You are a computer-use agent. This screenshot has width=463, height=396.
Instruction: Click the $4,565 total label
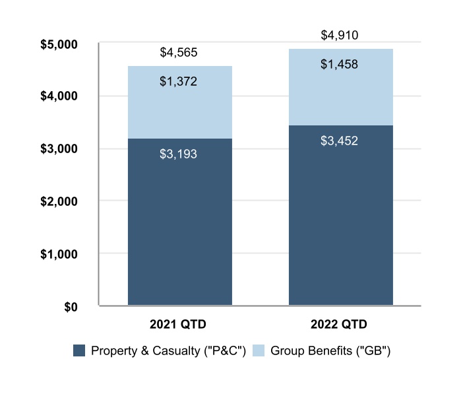tap(179, 52)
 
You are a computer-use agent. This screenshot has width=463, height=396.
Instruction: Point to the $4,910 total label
tap(339, 35)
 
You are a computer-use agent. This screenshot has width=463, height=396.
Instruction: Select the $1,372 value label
tap(179, 82)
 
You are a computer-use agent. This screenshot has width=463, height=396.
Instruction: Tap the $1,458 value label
tap(339, 65)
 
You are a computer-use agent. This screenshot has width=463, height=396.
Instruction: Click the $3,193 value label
tap(179, 154)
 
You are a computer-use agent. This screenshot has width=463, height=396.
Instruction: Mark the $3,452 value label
tap(339, 140)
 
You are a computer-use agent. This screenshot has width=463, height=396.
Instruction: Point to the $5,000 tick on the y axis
tap(60, 44)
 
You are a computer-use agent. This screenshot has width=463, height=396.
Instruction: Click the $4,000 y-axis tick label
tap(60, 96)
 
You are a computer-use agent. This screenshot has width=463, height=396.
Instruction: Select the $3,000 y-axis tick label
tap(60, 149)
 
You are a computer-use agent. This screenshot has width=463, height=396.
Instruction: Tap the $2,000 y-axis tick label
tap(60, 201)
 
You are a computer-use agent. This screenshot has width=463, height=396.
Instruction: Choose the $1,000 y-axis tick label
tap(60, 254)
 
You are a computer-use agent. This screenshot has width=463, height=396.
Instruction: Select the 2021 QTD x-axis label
tap(179, 325)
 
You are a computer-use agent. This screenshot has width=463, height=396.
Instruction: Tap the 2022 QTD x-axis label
tap(340, 325)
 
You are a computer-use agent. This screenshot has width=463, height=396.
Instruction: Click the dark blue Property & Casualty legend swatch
tap(79, 350)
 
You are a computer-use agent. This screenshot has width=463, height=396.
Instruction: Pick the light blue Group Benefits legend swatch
tap(259, 350)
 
